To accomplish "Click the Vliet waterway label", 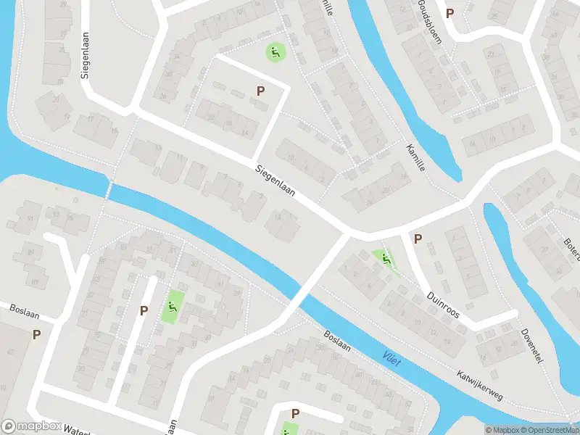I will click(391, 357).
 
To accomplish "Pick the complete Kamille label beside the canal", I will click(415, 157).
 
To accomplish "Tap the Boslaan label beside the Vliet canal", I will click(337, 342).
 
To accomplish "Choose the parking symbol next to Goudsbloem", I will click(450, 13).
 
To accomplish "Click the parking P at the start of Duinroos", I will click(418, 238).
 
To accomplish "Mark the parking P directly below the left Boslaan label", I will click(36, 334).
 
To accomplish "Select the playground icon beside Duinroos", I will click(386, 259).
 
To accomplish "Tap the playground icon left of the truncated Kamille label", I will click(275, 51).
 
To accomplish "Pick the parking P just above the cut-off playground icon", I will click(295, 413).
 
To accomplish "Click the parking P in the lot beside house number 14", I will click(260, 91).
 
